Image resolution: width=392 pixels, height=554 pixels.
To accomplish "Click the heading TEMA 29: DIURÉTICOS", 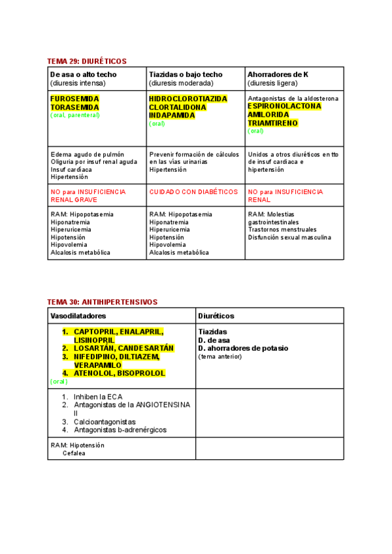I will click(87, 61).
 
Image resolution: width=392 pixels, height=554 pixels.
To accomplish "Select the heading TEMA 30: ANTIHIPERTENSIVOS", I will click(102, 302).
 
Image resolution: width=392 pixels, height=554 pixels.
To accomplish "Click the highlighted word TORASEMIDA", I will click(75, 107).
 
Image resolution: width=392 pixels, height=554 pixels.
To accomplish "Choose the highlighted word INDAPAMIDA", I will click(172, 115).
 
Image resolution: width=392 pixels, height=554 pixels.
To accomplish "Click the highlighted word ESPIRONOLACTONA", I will click(285, 106).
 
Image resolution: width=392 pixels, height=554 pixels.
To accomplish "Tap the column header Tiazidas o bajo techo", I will click(186, 74).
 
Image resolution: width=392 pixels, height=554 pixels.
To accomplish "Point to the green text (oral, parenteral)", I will click(75, 115).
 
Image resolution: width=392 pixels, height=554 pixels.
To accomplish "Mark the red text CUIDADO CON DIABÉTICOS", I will click(193, 192).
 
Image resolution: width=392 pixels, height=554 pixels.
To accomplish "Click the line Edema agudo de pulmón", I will click(87, 154).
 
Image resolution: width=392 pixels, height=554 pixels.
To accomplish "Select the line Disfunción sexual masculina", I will click(289, 237).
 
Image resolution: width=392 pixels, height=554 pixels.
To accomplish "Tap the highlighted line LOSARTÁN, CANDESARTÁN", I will click(123, 348).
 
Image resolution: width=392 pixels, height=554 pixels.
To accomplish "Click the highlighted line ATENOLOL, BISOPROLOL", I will click(119, 373).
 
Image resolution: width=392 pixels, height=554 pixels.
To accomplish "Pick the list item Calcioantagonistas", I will click(105, 422).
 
